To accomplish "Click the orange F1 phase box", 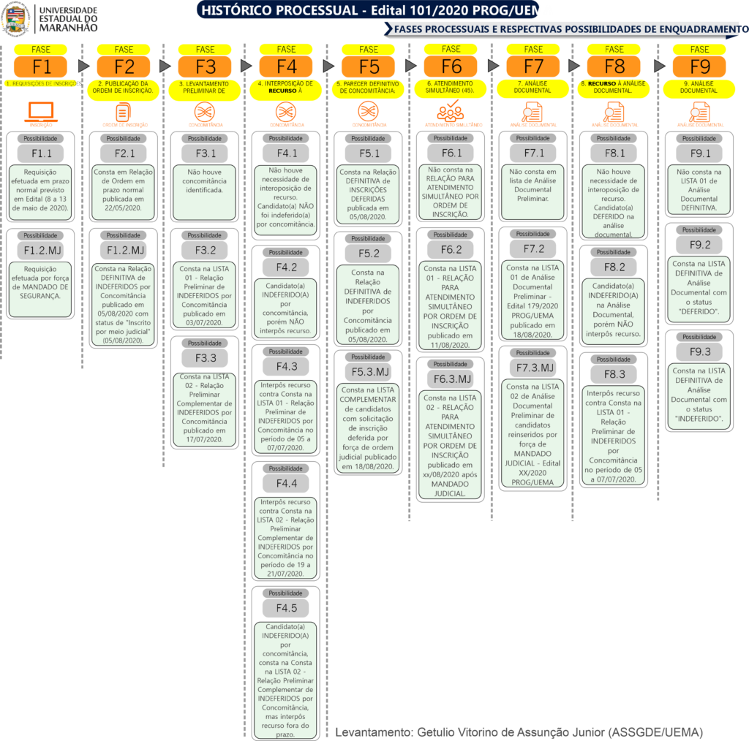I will [42, 67].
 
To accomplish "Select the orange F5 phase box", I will [369, 67].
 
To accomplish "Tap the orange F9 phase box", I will [699, 67].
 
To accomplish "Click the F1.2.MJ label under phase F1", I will [42, 251].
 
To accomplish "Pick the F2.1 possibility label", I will [124, 153].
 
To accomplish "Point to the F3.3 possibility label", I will [206, 358].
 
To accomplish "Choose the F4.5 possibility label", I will [287, 608].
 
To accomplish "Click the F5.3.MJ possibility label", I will [369, 372].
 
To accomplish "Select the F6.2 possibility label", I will [451, 250].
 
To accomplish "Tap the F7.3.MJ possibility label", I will [534, 368].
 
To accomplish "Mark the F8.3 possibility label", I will [614, 374].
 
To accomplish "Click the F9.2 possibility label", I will [699, 245].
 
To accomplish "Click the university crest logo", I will [16, 18].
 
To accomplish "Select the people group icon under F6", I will [451, 112].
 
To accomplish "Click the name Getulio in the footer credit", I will [437, 731].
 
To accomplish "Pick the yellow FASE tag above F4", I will [287, 49].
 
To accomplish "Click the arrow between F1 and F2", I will [83, 66].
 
